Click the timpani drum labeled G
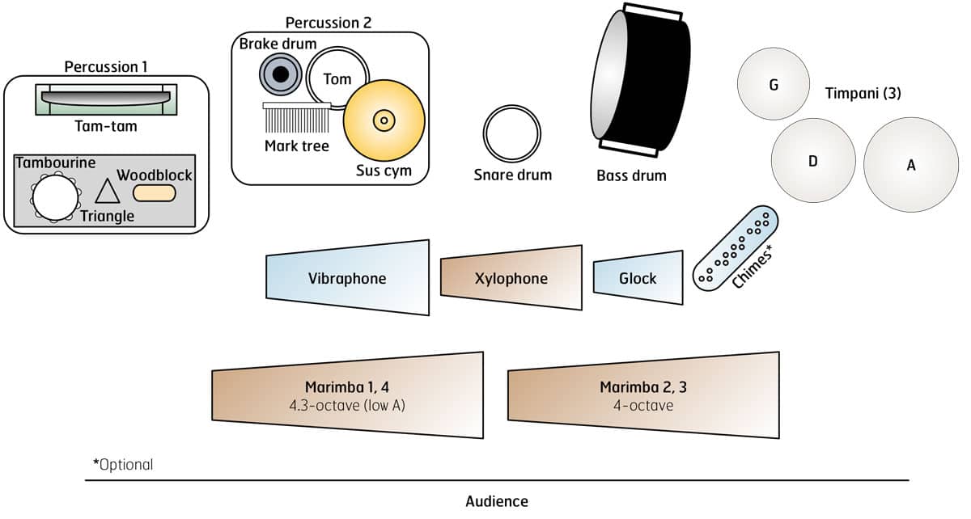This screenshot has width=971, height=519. (774, 84)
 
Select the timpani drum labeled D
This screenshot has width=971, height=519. (813, 160)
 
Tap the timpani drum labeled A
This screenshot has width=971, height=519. (911, 165)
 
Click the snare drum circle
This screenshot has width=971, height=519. (512, 133)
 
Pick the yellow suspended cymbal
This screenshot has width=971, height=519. (384, 120)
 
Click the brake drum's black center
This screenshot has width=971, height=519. (281, 75)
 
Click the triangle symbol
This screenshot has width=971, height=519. (108, 192)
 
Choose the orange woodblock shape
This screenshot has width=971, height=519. (154, 192)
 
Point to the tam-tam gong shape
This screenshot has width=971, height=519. (106, 97)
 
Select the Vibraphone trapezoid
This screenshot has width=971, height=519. (347, 278)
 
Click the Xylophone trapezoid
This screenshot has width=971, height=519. (511, 278)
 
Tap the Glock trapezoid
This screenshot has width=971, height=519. (638, 278)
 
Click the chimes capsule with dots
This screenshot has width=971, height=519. (736, 247)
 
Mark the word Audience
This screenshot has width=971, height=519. (497, 501)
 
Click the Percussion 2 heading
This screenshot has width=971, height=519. (329, 22)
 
